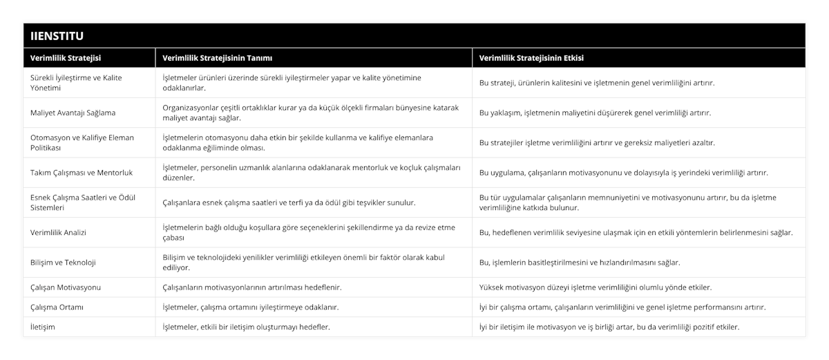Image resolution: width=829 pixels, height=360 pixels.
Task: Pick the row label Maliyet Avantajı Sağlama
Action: pos(73,113)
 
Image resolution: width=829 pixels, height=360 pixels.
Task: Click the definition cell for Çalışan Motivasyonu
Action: pos(251,287)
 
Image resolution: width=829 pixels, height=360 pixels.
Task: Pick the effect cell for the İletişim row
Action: pos(609,327)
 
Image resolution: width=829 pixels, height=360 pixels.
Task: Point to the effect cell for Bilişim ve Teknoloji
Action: pos(580,263)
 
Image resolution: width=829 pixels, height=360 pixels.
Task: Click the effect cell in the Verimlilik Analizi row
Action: pos(636,232)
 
